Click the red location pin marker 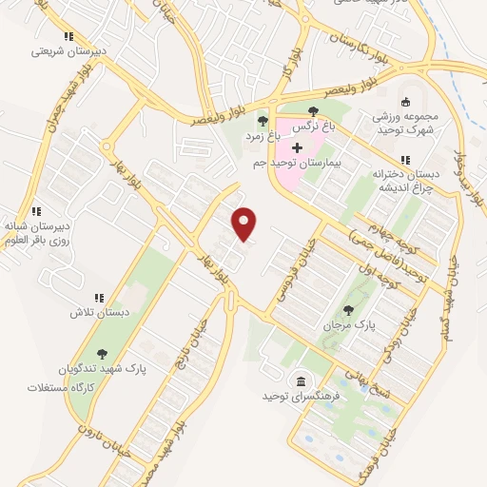click(245, 224)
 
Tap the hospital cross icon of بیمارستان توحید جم click(297, 148)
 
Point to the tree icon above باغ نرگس click(314, 111)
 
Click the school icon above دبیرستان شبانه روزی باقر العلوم click(38, 211)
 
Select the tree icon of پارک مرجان click(348, 308)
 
